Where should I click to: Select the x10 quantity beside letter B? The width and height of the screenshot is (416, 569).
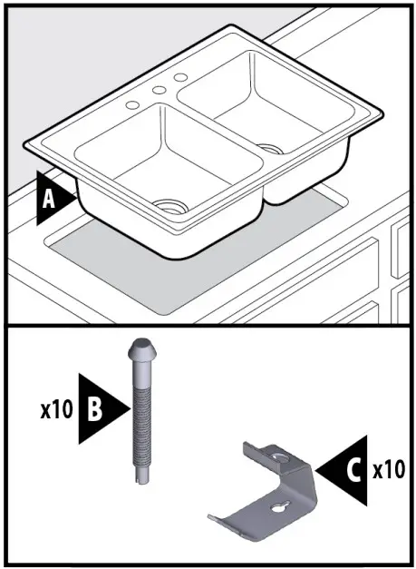point(55,409)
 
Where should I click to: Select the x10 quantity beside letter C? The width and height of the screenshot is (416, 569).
point(389,471)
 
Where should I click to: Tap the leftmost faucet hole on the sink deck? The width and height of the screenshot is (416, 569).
point(133,105)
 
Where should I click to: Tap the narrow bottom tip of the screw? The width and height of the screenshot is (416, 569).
point(139,476)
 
